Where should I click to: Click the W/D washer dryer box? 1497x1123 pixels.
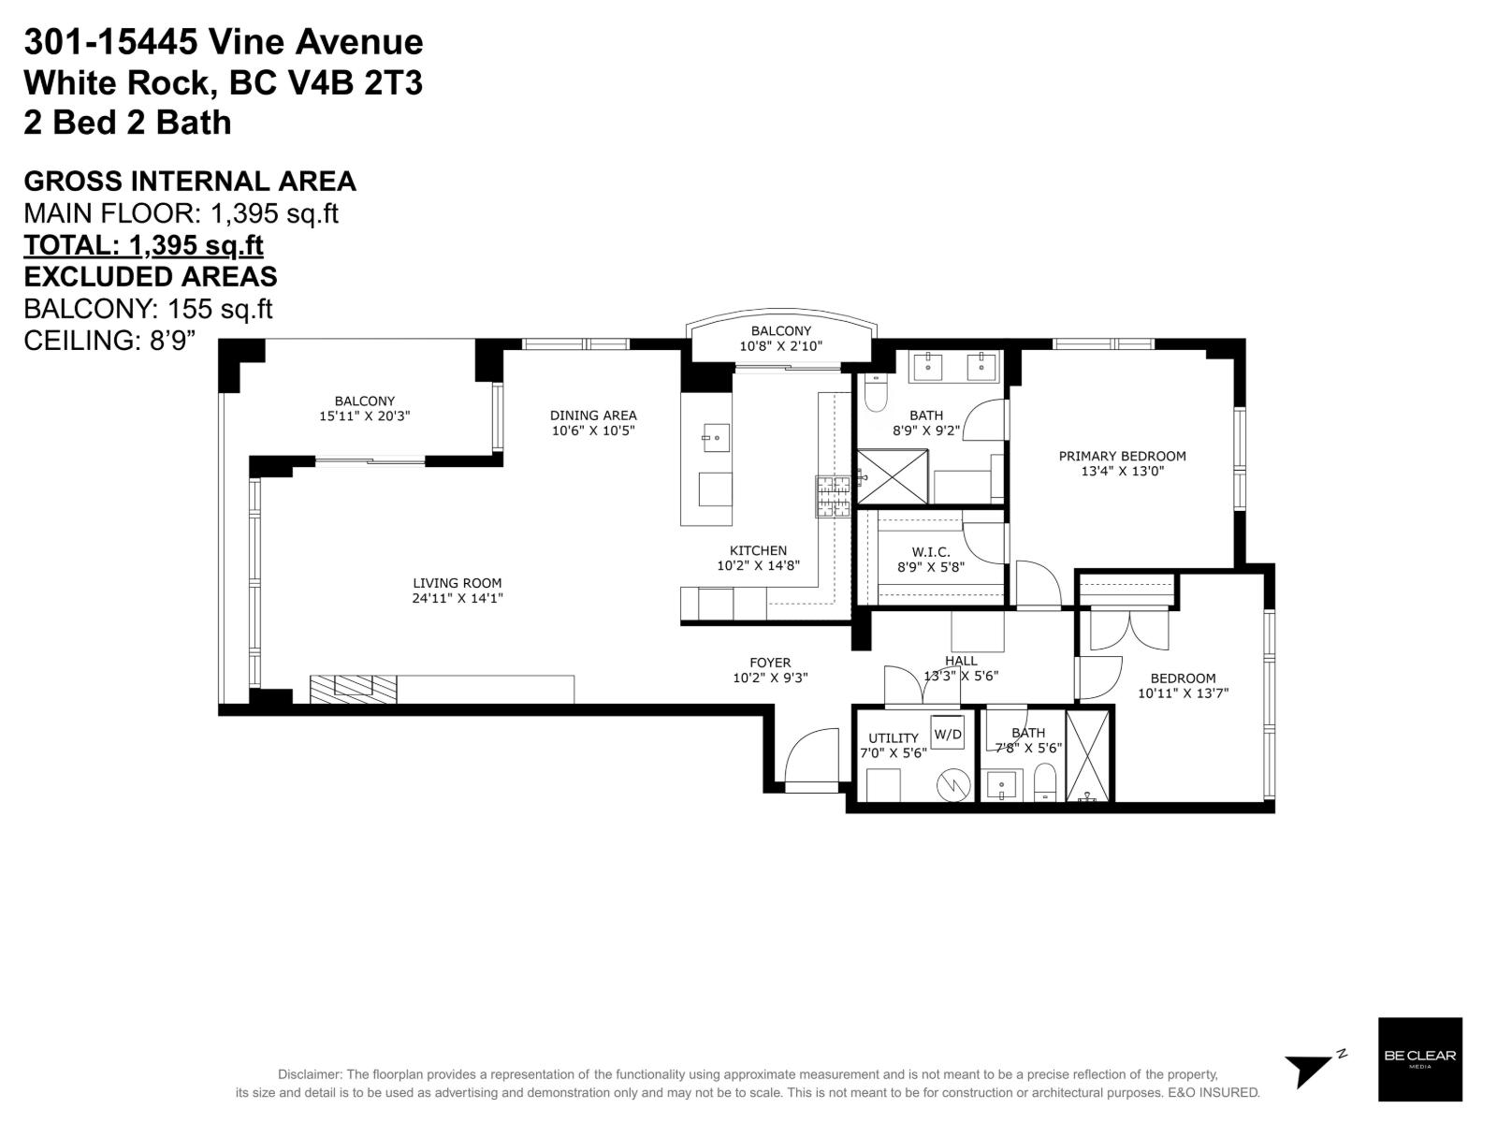pos(947,734)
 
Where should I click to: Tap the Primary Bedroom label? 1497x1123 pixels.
pos(1122,456)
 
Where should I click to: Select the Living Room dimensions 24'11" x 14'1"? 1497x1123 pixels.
pos(458,598)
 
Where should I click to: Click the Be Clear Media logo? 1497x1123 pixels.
pos(1419,1059)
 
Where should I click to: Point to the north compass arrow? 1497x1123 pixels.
pos(1310,1068)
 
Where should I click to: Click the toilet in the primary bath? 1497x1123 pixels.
pos(876,393)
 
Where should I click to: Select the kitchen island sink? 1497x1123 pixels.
pos(716,437)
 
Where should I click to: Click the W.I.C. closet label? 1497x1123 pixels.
pos(930,552)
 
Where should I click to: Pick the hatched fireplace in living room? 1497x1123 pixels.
pos(354,689)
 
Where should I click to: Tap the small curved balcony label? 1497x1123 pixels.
pos(780,330)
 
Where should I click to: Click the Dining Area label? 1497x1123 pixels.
pos(593,416)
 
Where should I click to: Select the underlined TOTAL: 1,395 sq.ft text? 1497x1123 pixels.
pos(143,245)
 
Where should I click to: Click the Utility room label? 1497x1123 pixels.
pos(893,737)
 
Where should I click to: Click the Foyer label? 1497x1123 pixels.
pos(770,663)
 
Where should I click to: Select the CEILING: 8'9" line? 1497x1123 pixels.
pos(109,341)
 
